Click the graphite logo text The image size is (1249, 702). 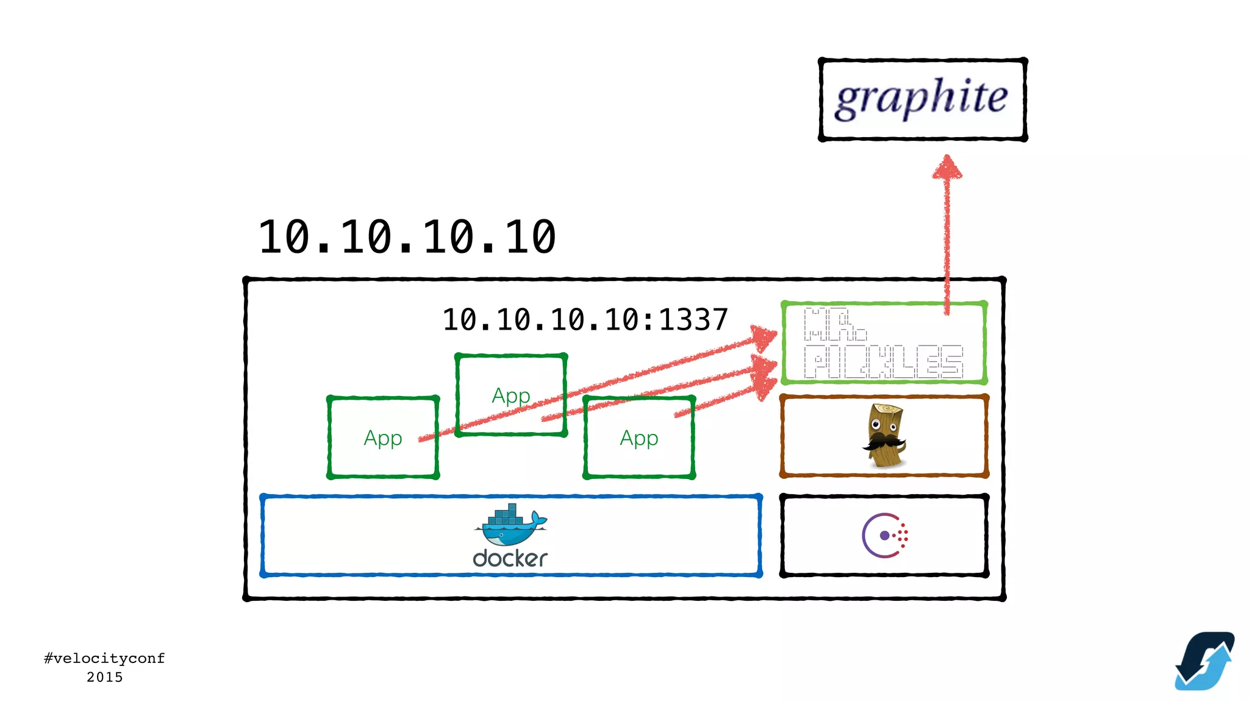pyautogui.click(x=921, y=98)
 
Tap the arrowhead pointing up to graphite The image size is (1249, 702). pyautogui.click(x=947, y=167)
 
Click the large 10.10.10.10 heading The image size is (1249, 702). pyautogui.click(x=407, y=237)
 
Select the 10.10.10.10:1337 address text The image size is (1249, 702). pyautogui.click(x=585, y=320)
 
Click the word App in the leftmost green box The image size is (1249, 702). pyautogui.click(x=382, y=438)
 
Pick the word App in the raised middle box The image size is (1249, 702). pyautogui.click(x=510, y=396)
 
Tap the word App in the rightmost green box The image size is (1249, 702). pyautogui.click(x=639, y=438)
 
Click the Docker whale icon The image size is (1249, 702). pyautogui.click(x=509, y=525)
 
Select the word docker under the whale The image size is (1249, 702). pyautogui.click(x=510, y=558)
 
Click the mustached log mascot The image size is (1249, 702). pyautogui.click(x=884, y=435)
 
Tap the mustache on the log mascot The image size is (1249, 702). pyautogui.click(x=882, y=441)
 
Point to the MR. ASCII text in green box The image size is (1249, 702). pyautogui.click(x=834, y=324)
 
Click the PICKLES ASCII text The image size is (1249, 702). pyautogui.click(x=883, y=361)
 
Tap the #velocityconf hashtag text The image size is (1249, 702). pyautogui.click(x=104, y=658)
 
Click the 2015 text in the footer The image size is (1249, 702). pyautogui.click(x=104, y=677)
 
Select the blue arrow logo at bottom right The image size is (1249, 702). pyautogui.click(x=1204, y=661)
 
